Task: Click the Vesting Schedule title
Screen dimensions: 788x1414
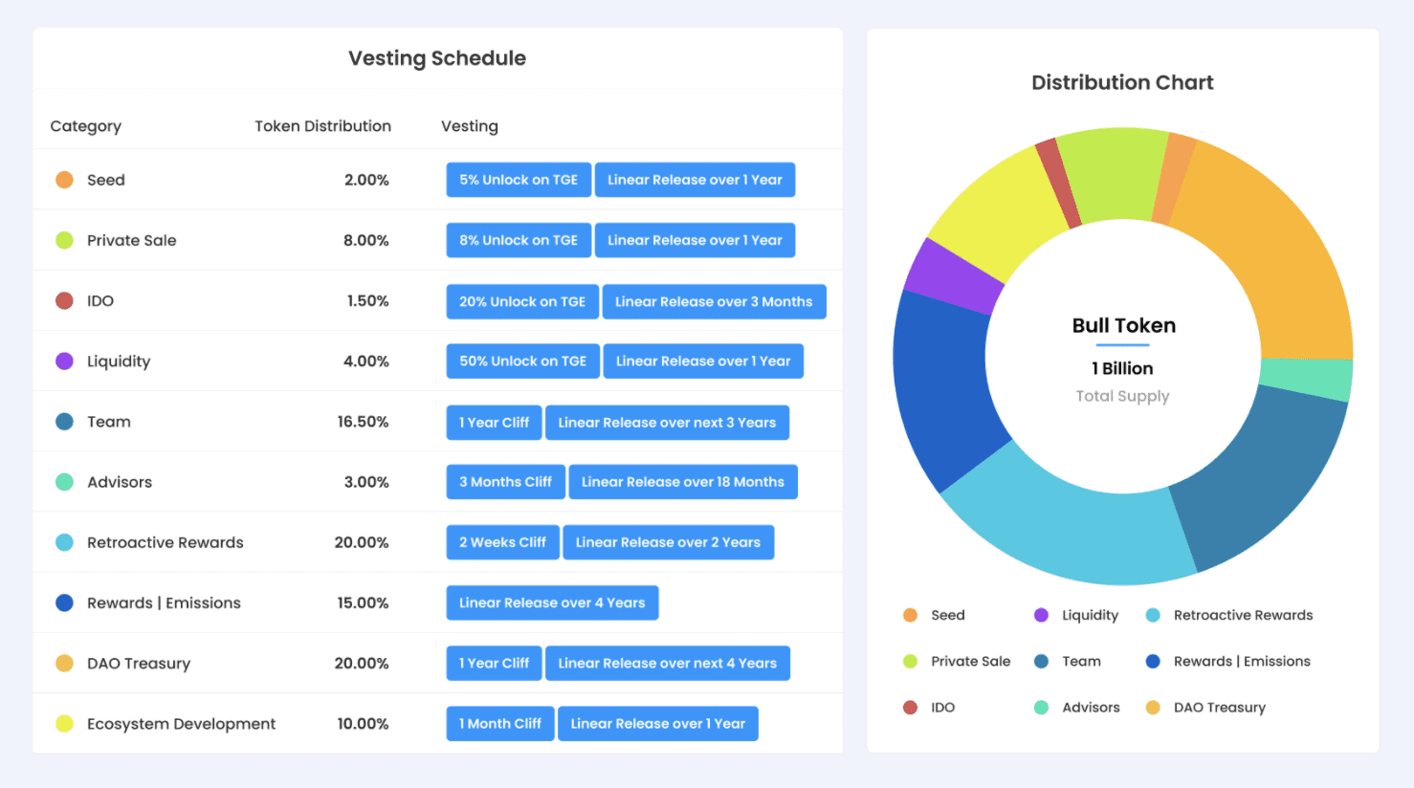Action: pyautogui.click(x=437, y=58)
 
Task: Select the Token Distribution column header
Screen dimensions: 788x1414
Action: pyautogui.click(x=322, y=126)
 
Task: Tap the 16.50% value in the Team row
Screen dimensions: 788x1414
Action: pyautogui.click(x=363, y=422)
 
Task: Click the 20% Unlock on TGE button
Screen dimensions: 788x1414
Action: pyautogui.click(x=522, y=301)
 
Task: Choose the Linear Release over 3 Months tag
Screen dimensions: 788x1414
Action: pyautogui.click(x=714, y=301)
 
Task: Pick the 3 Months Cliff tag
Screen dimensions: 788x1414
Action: pyautogui.click(x=505, y=482)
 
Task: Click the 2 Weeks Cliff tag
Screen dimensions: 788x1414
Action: pyautogui.click(x=502, y=542)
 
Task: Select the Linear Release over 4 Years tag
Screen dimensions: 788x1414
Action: pyautogui.click(x=552, y=602)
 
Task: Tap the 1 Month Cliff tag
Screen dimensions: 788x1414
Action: pyautogui.click(x=500, y=724)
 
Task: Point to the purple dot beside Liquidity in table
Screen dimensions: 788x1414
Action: pyautogui.click(x=64, y=361)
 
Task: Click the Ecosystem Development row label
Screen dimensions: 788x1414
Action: pyautogui.click(x=181, y=724)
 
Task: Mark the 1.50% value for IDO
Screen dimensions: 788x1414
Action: pyautogui.click(x=367, y=301)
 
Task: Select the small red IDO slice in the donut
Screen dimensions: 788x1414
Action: pyautogui.click(x=1057, y=182)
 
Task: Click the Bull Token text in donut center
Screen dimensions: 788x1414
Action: pyautogui.click(x=1123, y=325)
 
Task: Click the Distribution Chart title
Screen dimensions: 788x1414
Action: pyautogui.click(x=1122, y=83)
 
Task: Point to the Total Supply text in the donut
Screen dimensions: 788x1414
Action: pyautogui.click(x=1122, y=396)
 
